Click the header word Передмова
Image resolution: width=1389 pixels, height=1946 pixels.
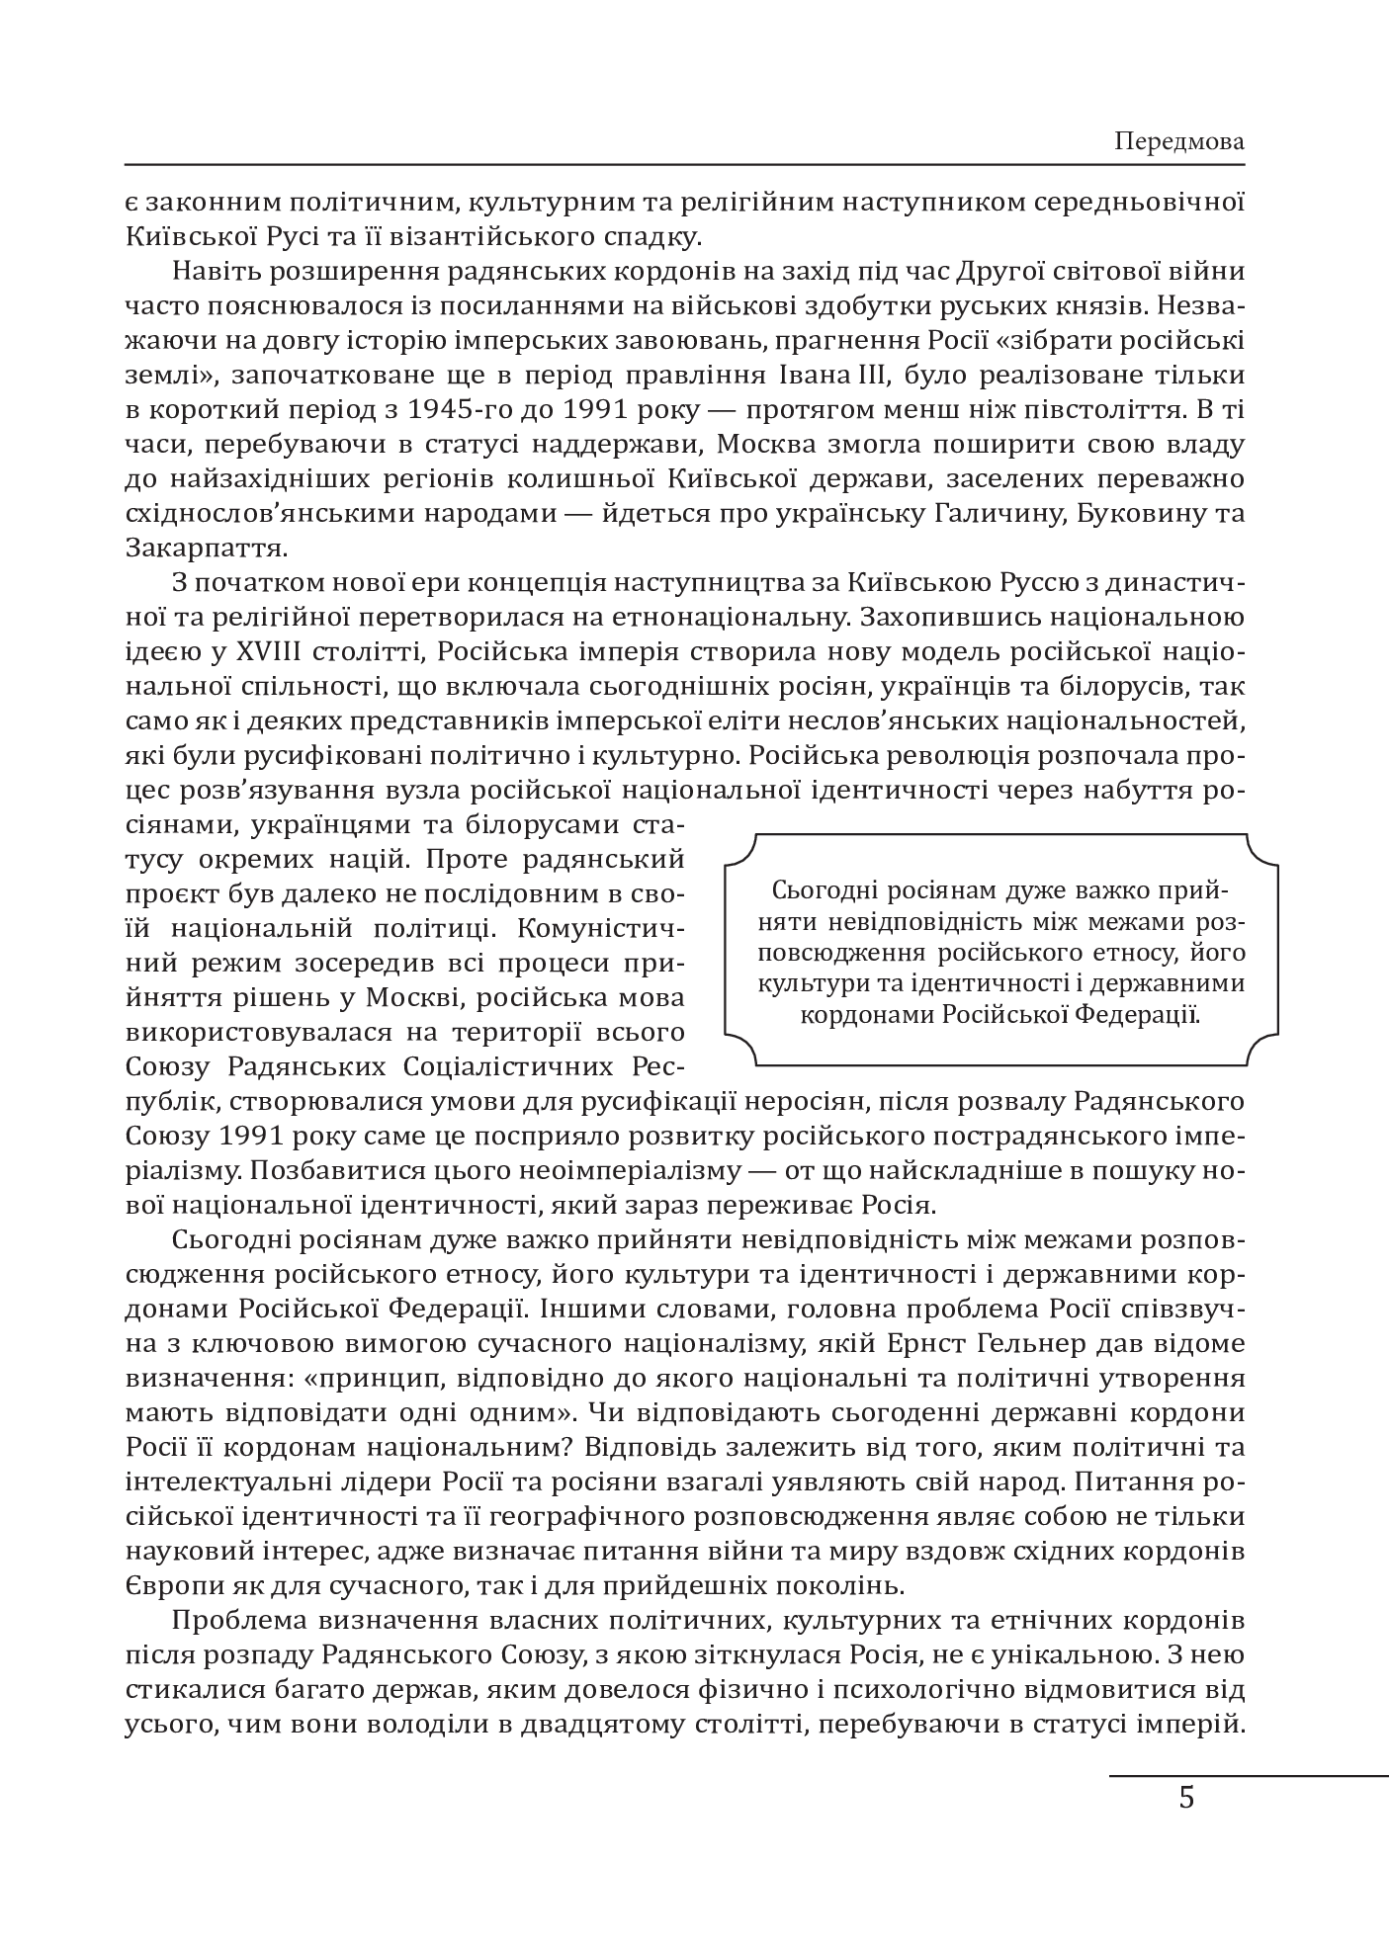click(x=1178, y=141)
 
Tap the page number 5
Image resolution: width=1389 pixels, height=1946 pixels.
click(x=1186, y=1797)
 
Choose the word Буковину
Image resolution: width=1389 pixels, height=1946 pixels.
click(x=1148, y=513)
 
